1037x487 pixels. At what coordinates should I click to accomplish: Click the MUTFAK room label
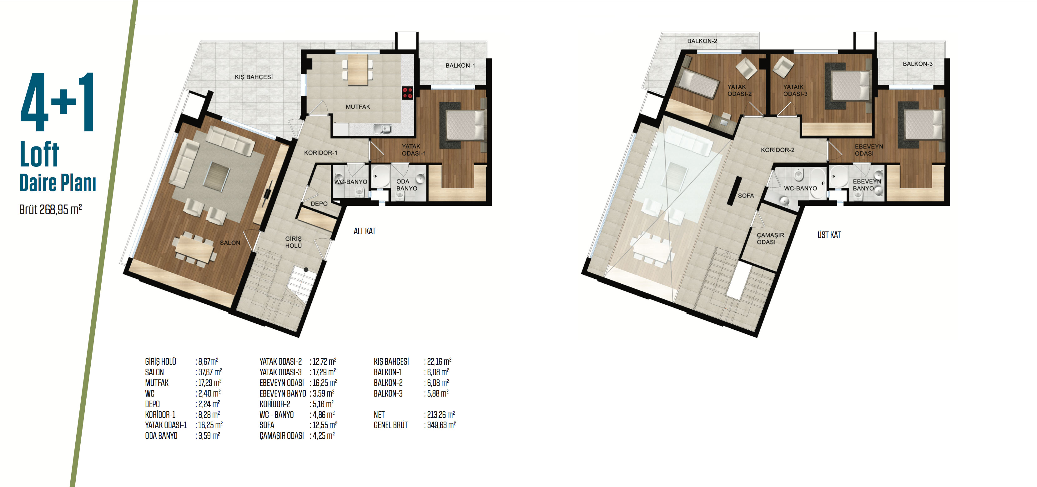click(x=357, y=107)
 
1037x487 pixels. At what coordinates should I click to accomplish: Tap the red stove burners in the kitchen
click(x=407, y=93)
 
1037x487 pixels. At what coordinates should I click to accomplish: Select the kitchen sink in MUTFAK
click(x=382, y=129)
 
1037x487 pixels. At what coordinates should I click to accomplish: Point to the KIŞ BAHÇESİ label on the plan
click(x=254, y=77)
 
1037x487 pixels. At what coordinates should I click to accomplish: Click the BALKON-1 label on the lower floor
click(x=460, y=65)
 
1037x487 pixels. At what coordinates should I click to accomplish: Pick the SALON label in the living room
click(x=230, y=243)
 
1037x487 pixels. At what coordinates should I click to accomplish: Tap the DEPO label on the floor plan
click(x=319, y=204)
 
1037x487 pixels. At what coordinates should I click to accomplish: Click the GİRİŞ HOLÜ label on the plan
click(x=294, y=242)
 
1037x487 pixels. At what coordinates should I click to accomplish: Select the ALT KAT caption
click(x=364, y=231)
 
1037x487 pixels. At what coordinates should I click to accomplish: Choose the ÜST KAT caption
click(x=829, y=235)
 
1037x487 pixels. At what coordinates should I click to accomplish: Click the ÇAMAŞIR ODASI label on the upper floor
click(x=770, y=238)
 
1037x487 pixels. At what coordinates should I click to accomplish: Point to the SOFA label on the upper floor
click(x=746, y=196)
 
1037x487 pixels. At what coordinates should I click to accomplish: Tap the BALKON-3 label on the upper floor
click(x=918, y=63)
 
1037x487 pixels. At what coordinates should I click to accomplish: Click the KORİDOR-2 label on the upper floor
click(x=777, y=150)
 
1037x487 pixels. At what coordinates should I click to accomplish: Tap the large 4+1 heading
click(x=58, y=102)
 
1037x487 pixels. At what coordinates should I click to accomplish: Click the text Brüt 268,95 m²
click(x=50, y=210)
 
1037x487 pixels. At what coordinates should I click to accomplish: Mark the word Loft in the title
click(x=39, y=154)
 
